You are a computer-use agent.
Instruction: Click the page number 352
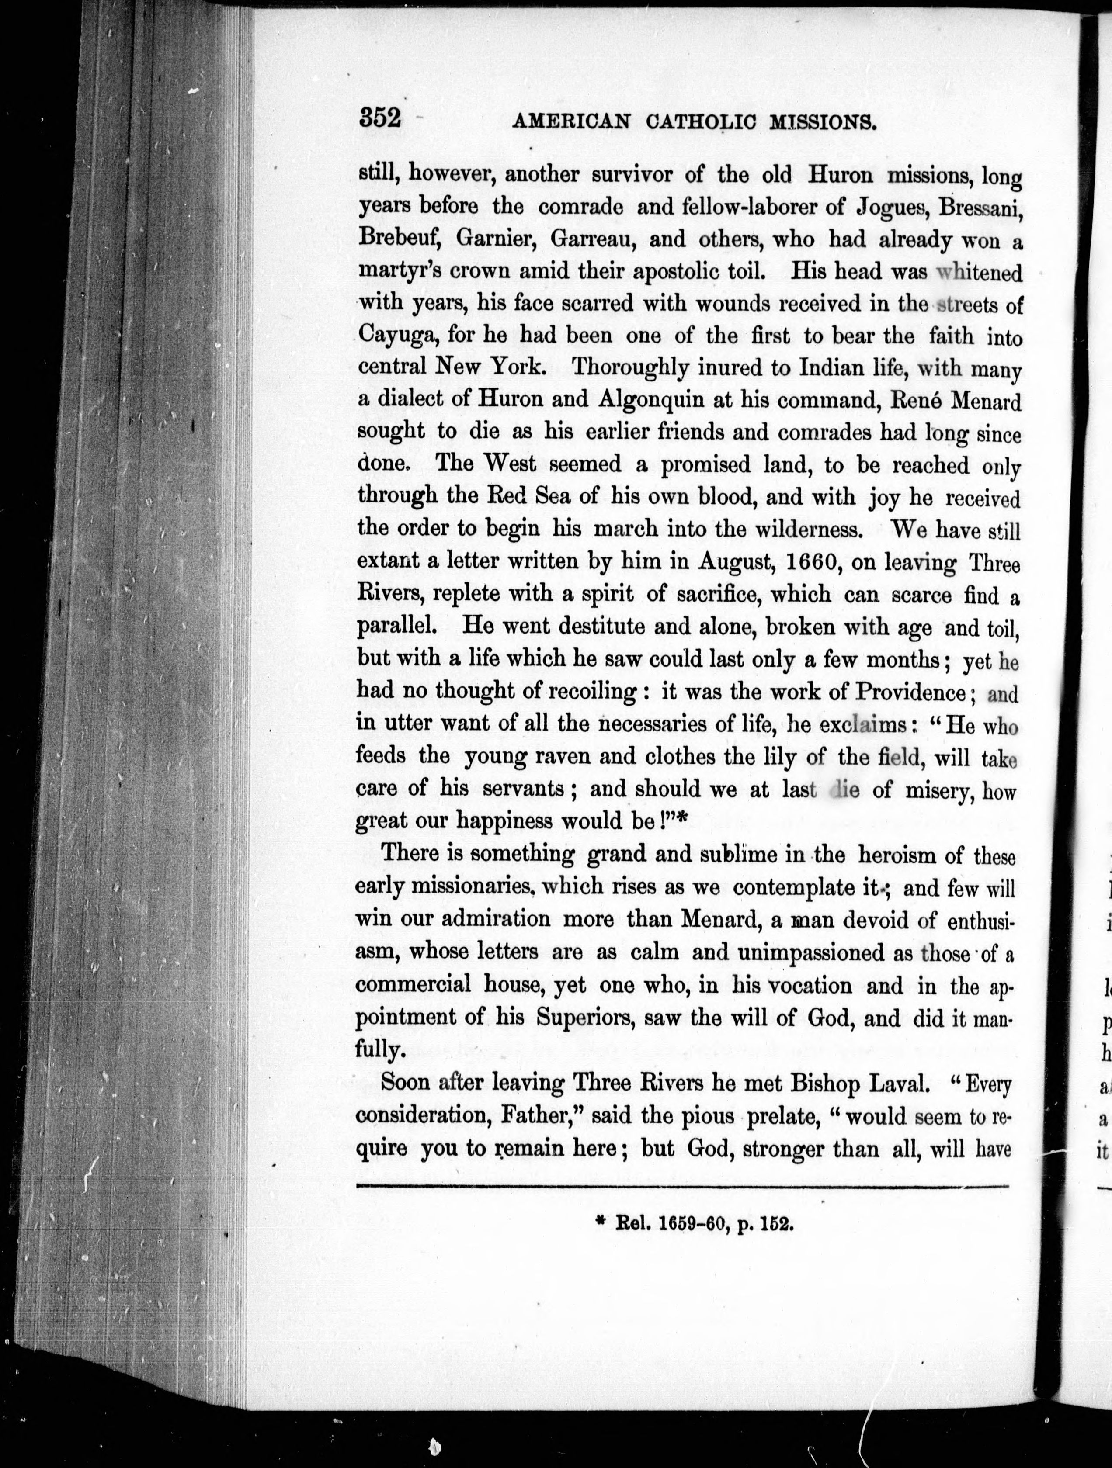pyautogui.click(x=380, y=119)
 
